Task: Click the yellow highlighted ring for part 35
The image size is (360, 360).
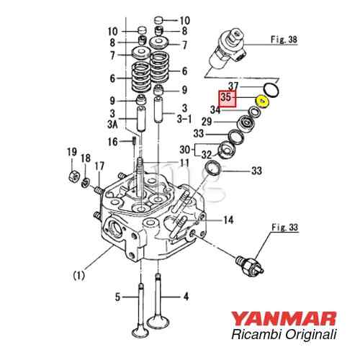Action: (263, 102)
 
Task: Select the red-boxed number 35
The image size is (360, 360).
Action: (227, 96)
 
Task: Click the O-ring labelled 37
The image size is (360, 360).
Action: (271, 89)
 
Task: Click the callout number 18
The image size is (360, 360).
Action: (86, 158)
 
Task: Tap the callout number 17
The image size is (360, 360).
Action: (99, 166)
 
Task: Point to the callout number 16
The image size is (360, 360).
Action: (112, 142)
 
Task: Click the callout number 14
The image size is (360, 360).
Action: (228, 220)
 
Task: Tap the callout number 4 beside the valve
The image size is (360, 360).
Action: (185, 296)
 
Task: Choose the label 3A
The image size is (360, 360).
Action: (113, 124)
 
